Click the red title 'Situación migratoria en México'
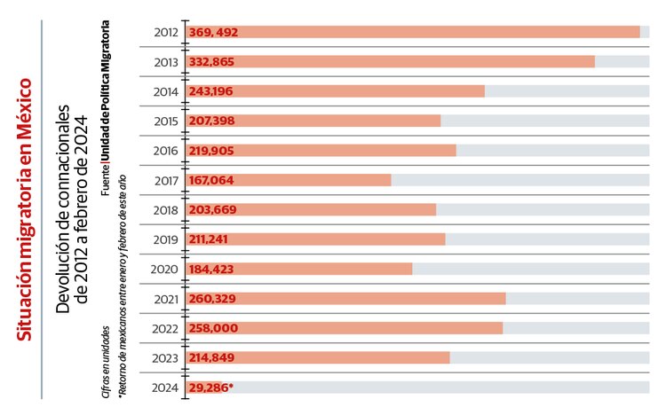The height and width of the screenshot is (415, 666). point(26,209)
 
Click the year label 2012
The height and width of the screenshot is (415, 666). point(166,32)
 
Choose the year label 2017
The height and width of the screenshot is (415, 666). point(166,180)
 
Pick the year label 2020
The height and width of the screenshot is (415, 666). point(166,269)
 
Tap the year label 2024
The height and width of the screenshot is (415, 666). point(166,388)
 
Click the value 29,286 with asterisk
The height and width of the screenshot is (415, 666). point(210,388)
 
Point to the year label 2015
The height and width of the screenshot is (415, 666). point(166,121)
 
